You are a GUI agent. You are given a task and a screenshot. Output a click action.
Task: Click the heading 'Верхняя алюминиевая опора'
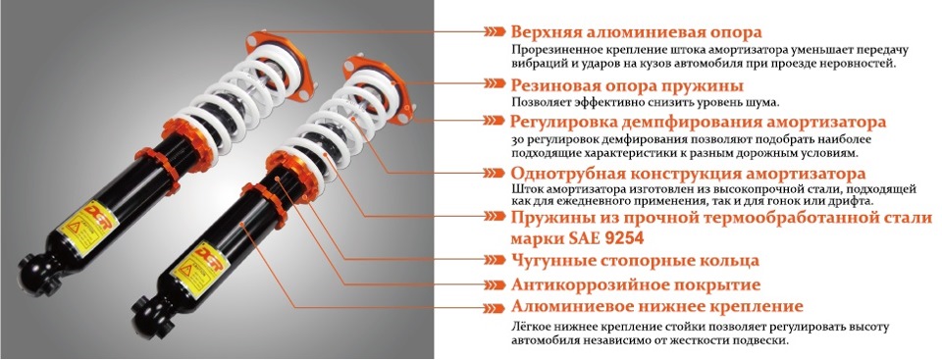click(x=636, y=31)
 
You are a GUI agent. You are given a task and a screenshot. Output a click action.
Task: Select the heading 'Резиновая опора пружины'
click(x=627, y=85)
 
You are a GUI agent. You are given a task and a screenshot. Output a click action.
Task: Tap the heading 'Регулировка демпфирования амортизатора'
click(x=698, y=122)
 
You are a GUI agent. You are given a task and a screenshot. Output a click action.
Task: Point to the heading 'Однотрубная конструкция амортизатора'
click(x=689, y=175)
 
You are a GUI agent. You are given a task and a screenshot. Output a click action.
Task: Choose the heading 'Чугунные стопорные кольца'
click(x=635, y=261)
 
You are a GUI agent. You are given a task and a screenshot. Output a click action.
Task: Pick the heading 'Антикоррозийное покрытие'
click(x=636, y=284)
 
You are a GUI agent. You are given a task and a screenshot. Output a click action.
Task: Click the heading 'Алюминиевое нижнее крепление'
click(x=657, y=307)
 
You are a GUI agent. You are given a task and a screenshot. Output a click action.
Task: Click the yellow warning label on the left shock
click(x=88, y=226)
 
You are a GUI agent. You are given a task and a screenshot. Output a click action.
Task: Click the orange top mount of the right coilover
click(x=379, y=89)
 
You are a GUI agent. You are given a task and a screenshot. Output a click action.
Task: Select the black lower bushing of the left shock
click(x=37, y=276)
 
